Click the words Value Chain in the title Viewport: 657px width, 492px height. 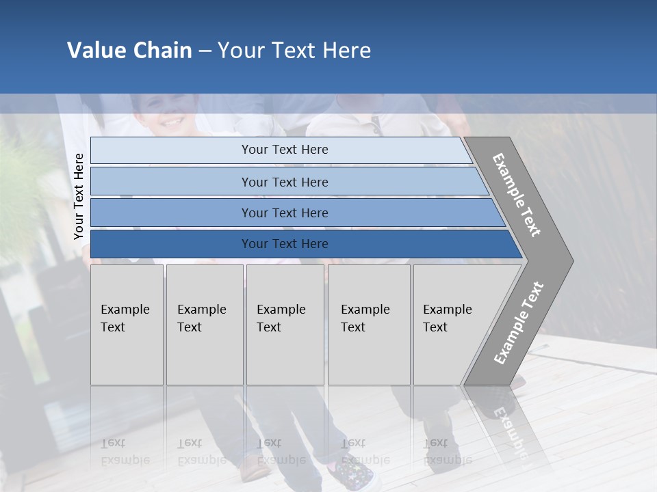tap(129, 51)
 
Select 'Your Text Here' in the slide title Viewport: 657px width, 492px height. tap(294, 51)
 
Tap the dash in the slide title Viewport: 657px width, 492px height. tap(205, 51)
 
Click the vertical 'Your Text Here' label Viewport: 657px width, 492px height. tap(79, 196)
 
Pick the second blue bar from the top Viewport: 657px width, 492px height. tap(284, 182)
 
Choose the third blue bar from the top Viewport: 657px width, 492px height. tap(284, 213)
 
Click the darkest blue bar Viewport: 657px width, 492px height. tap(284, 244)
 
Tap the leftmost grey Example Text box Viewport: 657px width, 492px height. tap(127, 325)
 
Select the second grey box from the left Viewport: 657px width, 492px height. tap(204, 325)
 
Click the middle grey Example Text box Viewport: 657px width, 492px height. tap(285, 325)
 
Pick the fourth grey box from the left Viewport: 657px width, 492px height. tap(368, 325)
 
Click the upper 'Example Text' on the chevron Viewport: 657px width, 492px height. tap(517, 195)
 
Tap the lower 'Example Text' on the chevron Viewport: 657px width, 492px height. tap(518, 323)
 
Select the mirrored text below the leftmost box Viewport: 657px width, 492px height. tap(125, 452)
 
